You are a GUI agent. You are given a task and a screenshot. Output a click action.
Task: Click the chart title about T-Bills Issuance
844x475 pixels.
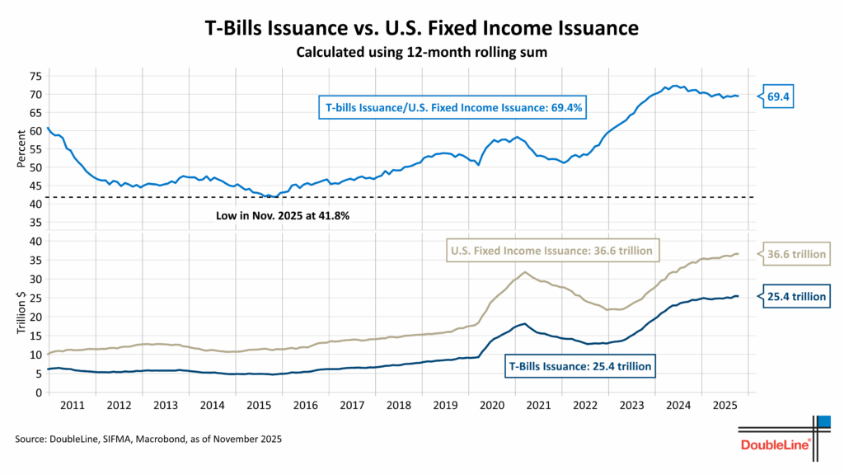click(x=421, y=27)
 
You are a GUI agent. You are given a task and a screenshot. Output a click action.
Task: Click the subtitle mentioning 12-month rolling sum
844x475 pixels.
click(x=421, y=52)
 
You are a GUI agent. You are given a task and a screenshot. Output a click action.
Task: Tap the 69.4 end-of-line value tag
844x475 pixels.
click(x=779, y=96)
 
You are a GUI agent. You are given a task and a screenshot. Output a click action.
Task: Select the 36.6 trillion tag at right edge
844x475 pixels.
click(x=795, y=254)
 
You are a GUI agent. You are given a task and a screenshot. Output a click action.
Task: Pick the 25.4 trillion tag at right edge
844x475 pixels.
click(x=795, y=296)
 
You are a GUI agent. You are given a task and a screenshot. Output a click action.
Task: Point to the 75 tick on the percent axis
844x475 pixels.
click(x=34, y=76)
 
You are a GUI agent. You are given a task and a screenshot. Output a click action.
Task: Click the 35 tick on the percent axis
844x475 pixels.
click(x=34, y=223)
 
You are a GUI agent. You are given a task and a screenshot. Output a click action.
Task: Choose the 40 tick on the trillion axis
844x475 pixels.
click(x=34, y=242)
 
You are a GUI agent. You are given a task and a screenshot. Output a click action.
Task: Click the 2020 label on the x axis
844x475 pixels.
click(x=492, y=406)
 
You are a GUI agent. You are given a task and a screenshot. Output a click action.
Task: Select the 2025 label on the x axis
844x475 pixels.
click(x=725, y=406)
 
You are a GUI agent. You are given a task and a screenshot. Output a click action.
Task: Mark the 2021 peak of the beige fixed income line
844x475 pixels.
click(x=525, y=272)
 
